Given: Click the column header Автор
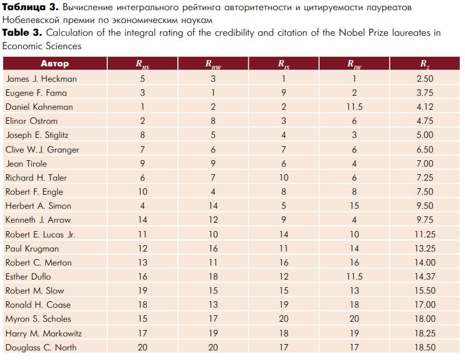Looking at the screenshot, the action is [x=55, y=64].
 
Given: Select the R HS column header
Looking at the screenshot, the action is [x=143, y=64].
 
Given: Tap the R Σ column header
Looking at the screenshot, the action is [x=425, y=64].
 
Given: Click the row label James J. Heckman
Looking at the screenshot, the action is [x=41, y=79].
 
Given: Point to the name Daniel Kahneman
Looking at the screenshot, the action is [x=39, y=107].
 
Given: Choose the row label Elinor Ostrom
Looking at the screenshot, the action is [x=31, y=121].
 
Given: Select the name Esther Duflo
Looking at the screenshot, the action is [x=28, y=276].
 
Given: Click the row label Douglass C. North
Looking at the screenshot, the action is [x=41, y=347].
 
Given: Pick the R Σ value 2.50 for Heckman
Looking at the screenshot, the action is [x=425, y=79].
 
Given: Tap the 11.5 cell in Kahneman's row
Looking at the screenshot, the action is [x=355, y=107].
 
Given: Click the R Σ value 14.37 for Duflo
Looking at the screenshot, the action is [x=425, y=276].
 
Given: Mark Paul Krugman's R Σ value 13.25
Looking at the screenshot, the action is [x=425, y=248].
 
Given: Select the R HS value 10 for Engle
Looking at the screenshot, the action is [x=143, y=191].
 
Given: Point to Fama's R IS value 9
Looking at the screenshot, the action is [x=284, y=93].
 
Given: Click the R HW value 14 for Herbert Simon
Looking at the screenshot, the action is [x=213, y=206].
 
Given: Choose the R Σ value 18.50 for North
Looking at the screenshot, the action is [x=425, y=347].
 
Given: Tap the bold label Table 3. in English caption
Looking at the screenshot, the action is [x=22, y=33].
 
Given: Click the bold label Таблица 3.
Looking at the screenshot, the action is [x=31, y=8].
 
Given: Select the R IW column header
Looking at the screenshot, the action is [x=355, y=64].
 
